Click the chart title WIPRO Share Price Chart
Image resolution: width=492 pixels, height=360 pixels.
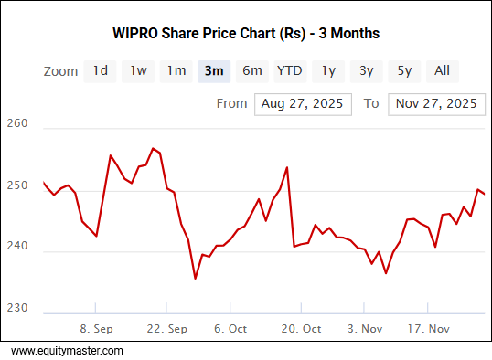[245, 33]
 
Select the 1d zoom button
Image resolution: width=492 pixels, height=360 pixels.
[101, 70]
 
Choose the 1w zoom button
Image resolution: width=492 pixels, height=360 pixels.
[138, 70]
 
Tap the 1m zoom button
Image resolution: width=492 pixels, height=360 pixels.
[176, 70]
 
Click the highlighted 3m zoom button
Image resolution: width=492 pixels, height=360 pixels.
[214, 70]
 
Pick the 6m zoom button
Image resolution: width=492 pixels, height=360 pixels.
[252, 70]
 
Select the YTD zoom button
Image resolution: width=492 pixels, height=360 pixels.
[290, 70]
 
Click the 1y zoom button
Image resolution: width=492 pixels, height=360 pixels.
[328, 70]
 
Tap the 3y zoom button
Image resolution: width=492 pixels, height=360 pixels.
[366, 70]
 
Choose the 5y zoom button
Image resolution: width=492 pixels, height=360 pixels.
[404, 70]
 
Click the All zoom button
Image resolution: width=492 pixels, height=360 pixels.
[442, 70]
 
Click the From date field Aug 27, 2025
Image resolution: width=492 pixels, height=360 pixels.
[303, 103]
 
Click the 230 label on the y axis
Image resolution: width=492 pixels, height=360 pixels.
[16, 307]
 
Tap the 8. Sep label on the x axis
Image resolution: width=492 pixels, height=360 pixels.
[96, 328]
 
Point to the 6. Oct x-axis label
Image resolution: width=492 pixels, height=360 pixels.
[230, 328]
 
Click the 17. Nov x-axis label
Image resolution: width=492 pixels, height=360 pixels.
[427, 328]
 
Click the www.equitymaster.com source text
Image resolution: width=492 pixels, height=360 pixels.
[67, 350]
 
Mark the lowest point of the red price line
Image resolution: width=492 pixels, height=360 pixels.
[195, 279]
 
